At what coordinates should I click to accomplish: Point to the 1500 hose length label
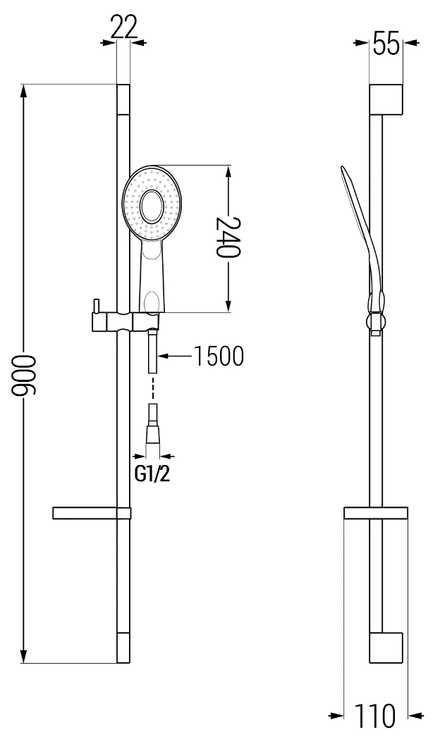pyautogui.click(x=219, y=356)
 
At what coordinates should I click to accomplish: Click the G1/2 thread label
pyautogui.click(x=152, y=473)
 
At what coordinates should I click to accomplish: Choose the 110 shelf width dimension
pyautogui.click(x=375, y=717)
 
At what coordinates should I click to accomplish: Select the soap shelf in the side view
pyautogui.click(x=375, y=513)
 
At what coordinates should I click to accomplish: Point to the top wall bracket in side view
pyautogui.click(x=386, y=99)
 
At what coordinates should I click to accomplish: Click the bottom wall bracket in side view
pyautogui.click(x=386, y=647)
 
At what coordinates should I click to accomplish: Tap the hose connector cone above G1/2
pyautogui.click(x=153, y=432)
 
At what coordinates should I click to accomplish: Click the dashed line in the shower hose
pyautogui.click(x=153, y=389)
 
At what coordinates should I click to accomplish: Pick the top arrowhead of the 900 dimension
pyautogui.click(x=25, y=90)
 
